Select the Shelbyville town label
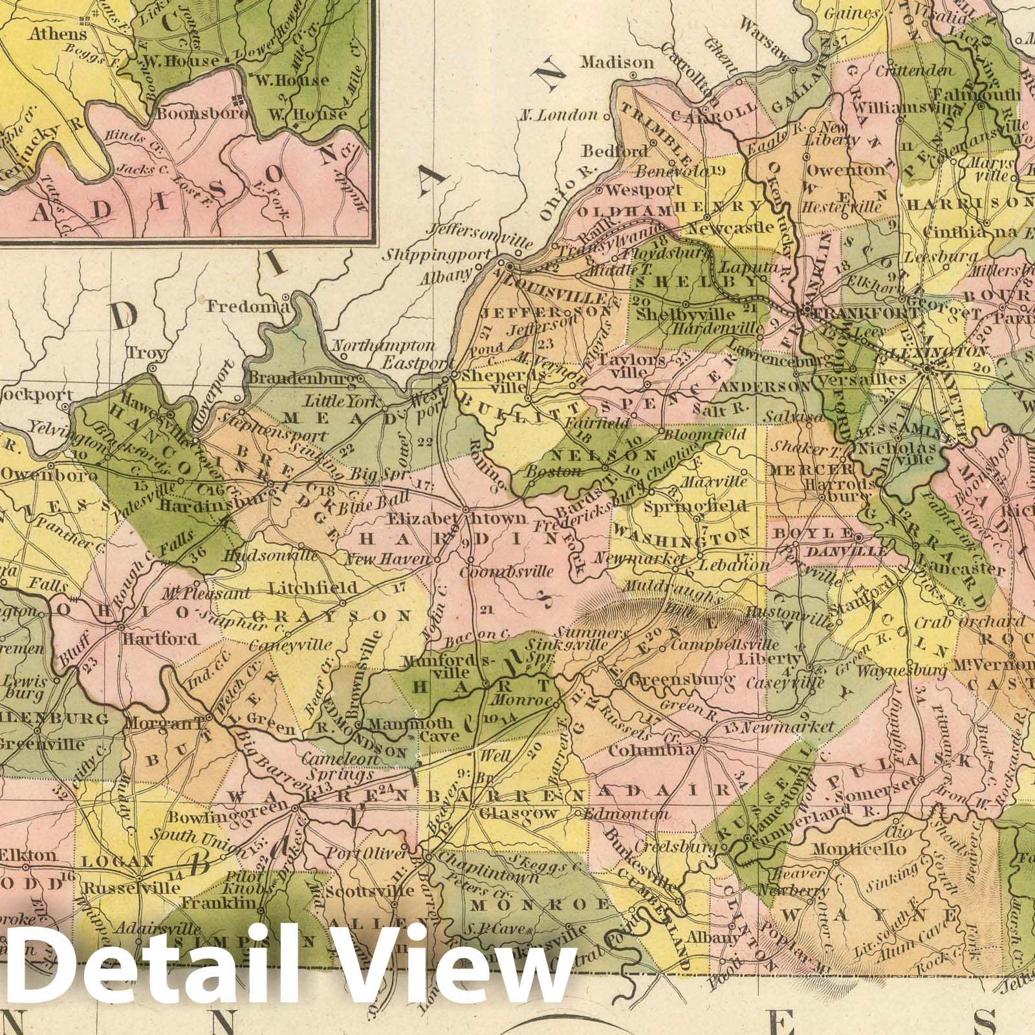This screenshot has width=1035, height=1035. point(686,314)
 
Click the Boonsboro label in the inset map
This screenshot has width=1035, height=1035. point(201,114)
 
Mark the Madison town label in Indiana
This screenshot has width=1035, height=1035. point(616,62)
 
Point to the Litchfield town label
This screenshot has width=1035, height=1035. point(312,587)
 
